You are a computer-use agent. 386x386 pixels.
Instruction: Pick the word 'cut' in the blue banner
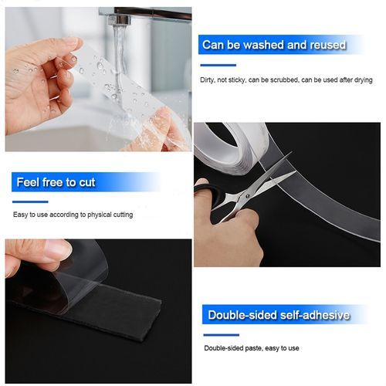(86, 182)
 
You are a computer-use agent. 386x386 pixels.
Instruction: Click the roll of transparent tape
(232, 147)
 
